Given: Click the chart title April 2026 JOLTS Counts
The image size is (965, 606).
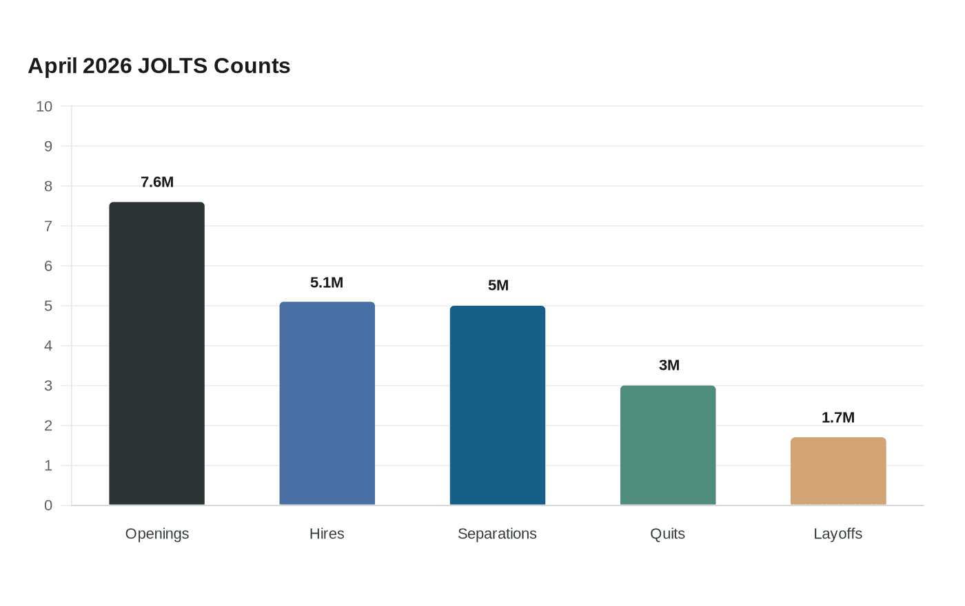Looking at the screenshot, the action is [x=159, y=66].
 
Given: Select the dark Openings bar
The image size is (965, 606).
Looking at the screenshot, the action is [x=157, y=353].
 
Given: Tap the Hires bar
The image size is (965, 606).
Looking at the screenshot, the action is [x=327, y=404].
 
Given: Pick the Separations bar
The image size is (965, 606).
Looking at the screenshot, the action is [x=498, y=405].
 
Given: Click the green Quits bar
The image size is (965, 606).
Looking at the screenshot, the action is [x=668, y=445].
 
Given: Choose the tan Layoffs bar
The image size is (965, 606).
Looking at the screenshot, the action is [x=838, y=471].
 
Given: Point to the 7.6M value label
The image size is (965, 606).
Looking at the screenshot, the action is [x=157, y=182].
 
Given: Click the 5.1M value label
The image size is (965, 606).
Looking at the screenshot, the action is [x=327, y=283].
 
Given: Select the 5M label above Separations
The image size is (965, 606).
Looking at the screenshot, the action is [x=498, y=285].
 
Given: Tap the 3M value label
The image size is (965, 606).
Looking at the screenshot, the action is [x=669, y=365].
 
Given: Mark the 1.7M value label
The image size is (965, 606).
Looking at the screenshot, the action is [x=838, y=417].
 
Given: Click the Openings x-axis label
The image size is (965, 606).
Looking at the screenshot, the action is [x=157, y=534].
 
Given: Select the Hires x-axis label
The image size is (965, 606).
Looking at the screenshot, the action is [x=327, y=534].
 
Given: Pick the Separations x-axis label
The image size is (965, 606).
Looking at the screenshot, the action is [x=497, y=534].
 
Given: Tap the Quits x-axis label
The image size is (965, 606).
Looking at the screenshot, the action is [x=668, y=534].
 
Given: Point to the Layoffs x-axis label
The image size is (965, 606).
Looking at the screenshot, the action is [x=838, y=534].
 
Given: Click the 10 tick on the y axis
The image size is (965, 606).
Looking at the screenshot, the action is [x=44, y=106].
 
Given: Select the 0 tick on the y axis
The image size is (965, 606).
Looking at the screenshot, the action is [x=48, y=505].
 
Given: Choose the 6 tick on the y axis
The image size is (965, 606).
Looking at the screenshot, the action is [x=48, y=266].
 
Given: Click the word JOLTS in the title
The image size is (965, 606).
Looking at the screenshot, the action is [x=173, y=66].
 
